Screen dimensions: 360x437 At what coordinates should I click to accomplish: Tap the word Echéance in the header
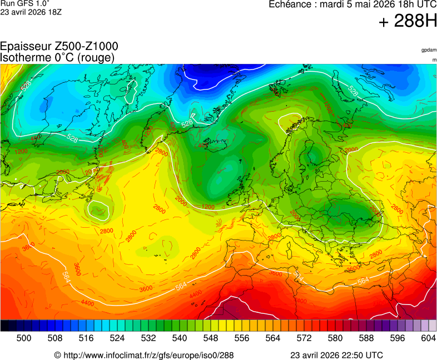click(x=289, y=4)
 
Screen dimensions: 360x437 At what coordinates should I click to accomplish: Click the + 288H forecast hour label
click(x=407, y=22)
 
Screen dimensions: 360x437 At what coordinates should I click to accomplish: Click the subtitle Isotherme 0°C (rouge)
click(x=57, y=58)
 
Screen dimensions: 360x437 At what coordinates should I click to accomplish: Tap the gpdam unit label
click(x=429, y=50)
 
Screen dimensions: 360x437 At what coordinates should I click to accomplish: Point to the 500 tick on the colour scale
click(x=23, y=338)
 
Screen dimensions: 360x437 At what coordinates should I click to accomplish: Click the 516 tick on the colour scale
click(x=86, y=338)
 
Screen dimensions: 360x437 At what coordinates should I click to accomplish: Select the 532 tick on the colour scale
click(x=148, y=338)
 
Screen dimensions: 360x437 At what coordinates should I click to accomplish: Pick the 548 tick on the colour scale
click(x=210, y=338)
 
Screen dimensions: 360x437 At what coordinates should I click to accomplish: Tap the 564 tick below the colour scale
click(x=272, y=338)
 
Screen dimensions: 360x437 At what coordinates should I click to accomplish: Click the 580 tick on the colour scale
click(x=335, y=338)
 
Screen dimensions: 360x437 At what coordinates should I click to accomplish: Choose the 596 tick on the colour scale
click(x=397, y=338)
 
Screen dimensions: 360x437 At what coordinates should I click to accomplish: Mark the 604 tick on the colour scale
click(x=428, y=338)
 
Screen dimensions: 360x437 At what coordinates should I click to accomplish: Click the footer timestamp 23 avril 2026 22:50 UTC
click(x=336, y=355)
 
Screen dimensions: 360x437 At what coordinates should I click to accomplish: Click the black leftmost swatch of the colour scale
click(x=4, y=326)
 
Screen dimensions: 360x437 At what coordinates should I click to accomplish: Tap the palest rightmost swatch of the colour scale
click(x=433, y=326)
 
